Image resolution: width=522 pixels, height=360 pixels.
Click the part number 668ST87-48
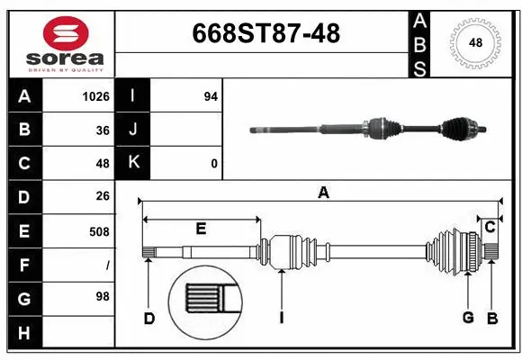click(x=266, y=33)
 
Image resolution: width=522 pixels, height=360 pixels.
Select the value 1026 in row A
click(x=95, y=96)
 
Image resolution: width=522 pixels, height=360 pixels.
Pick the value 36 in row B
click(x=102, y=130)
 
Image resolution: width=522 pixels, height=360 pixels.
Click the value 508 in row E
click(x=99, y=231)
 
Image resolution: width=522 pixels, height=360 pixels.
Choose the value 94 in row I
click(x=211, y=96)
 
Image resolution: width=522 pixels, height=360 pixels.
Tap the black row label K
click(x=134, y=163)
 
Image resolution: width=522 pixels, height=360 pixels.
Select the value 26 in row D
click(x=102, y=196)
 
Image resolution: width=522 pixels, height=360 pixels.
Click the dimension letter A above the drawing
click(x=323, y=192)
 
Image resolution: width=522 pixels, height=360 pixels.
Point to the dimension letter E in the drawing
click(x=201, y=229)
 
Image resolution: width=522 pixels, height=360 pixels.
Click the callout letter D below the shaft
click(x=149, y=318)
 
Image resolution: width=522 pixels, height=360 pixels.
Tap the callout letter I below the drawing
click(x=282, y=318)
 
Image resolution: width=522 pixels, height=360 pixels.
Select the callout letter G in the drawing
click(x=468, y=318)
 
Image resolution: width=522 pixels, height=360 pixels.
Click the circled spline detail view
click(x=205, y=301)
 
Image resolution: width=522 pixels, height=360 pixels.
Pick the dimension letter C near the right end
click(x=490, y=228)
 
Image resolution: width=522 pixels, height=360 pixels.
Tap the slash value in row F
click(x=107, y=265)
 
